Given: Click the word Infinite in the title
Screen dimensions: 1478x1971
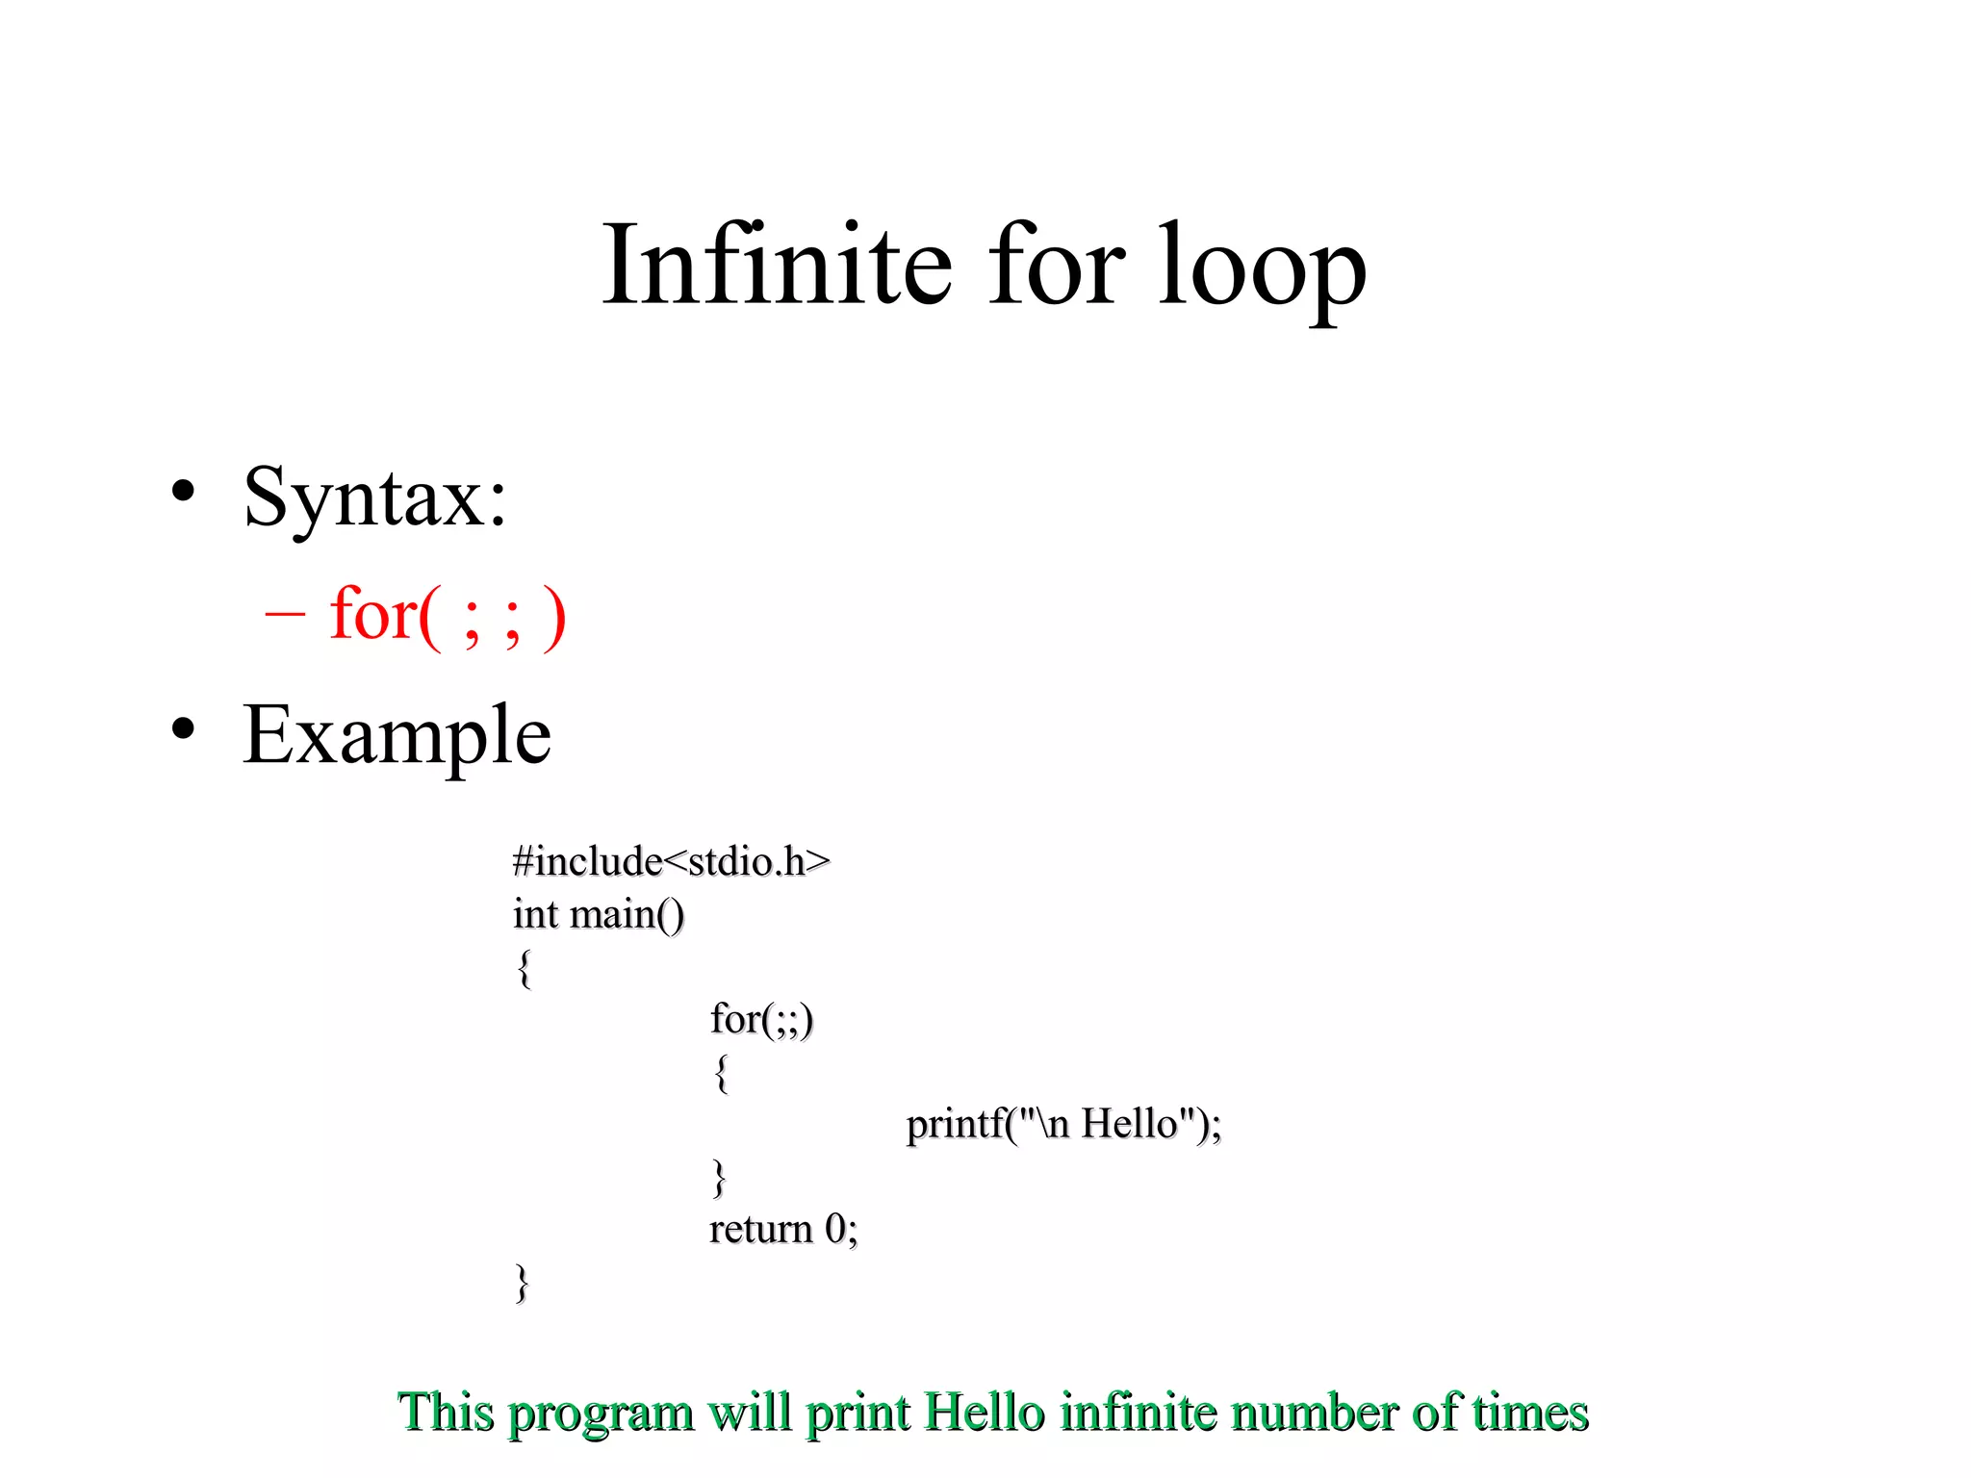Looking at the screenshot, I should pyautogui.click(x=778, y=265).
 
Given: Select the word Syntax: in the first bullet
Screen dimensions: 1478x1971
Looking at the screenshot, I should pyautogui.click(x=375, y=498).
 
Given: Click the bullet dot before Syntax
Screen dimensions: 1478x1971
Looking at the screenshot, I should pyautogui.click(x=183, y=492).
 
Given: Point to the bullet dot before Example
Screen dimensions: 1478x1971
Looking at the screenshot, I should pyautogui.click(x=183, y=728).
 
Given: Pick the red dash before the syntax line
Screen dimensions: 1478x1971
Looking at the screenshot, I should pyautogui.click(x=285, y=613).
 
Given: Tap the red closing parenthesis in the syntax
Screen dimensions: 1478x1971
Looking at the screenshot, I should pyautogui.click(x=554, y=618).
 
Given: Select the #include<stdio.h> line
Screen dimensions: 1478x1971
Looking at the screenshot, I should pyautogui.click(x=671, y=861).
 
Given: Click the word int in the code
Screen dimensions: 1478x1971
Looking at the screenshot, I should pyautogui.click(x=535, y=914).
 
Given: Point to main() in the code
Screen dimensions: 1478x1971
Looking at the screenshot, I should pyautogui.click(x=627, y=915).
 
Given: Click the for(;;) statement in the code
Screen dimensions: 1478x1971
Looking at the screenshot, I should pyautogui.click(x=761, y=1019).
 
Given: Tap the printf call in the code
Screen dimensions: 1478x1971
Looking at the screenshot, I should pyautogui.click(x=1063, y=1124).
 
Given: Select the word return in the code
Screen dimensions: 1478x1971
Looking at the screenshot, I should pyautogui.click(x=760, y=1229).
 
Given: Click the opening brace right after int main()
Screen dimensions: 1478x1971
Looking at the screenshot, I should pyautogui.click(x=524, y=968).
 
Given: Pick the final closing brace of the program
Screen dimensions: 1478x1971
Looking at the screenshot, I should pyautogui.click(x=522, y=1283).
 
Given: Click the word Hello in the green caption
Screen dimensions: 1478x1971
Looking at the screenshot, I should pyautogui.click(x=984, y=1413).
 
